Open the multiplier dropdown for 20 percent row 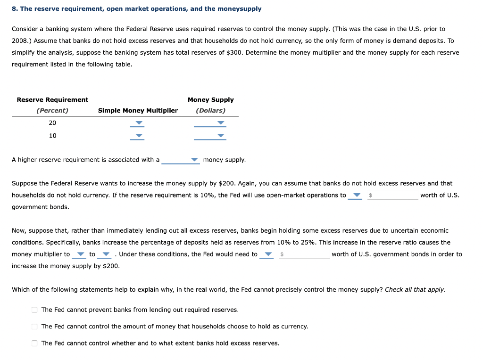pos(138,123)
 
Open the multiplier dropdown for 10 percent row pos(138,136)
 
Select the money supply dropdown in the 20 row pos(210,123)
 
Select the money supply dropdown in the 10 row pos(210,136)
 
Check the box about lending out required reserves pos(34,310)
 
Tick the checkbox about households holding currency pos(34,326)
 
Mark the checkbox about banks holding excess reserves pos(34,343)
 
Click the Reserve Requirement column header pos(52,100)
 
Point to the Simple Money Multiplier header pos(138,111)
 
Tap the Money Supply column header pos(210,100)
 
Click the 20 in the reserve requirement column pos(52,123)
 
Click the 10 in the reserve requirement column pos(52,136)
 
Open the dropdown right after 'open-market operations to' pos(355,196)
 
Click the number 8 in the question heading pos(14,9)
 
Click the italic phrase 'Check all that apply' pos(415,290)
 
